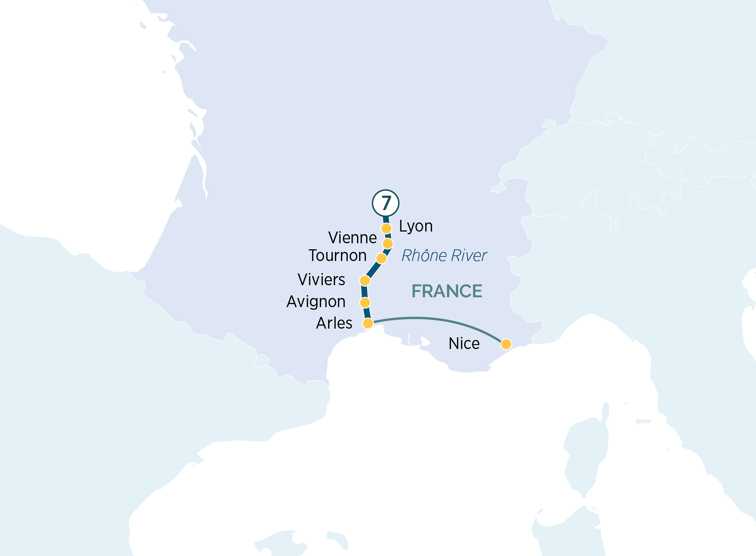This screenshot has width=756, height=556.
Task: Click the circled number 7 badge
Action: coord(386,203)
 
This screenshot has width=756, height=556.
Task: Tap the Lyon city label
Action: coord(416,226)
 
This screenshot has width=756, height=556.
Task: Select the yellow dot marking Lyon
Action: coord(386,229)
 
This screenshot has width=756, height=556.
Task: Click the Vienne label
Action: coord(352,238)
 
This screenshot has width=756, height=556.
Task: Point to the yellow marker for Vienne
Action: coord(388,243)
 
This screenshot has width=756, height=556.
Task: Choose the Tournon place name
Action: coord(338,256)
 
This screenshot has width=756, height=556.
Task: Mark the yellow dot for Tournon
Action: coord(381,258)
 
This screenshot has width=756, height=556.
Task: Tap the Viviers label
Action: coord(321,280)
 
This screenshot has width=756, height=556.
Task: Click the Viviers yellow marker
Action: coord(365,281)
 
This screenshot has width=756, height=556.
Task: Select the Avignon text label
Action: coord(316,302)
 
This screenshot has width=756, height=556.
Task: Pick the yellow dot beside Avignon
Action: coord(365,303)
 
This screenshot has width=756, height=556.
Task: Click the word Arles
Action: coord(334,323)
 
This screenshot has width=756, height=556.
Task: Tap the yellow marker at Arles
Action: coord(368,323)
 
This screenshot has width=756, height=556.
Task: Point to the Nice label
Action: coord(464,344)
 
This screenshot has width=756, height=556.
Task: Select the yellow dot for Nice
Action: coord(506,344)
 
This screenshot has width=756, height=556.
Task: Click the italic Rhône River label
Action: coord(444,256)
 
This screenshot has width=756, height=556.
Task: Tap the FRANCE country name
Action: coord(447,291)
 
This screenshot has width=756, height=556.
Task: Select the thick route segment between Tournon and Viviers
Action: coord(373,270)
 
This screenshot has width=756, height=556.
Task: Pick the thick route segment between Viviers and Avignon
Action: coord(364,292)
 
